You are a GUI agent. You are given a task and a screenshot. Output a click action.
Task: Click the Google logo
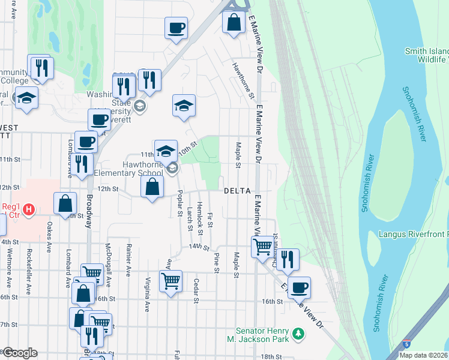click(19, 353)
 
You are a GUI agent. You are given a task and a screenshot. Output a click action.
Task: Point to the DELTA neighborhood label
click(237, 190)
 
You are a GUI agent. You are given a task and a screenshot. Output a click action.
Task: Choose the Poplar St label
click(180, 204)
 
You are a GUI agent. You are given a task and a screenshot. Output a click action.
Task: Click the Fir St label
click(209, 219)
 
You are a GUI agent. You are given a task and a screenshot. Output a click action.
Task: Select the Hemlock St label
click(199, 213)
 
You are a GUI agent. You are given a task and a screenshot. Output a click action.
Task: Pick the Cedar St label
click(196, 290)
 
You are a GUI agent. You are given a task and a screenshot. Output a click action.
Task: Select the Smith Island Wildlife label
click(426, 55)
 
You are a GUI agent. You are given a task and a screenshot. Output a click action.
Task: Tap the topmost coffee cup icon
click(176, 28)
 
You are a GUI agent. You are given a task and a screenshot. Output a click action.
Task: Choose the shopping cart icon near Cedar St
click(170, 280)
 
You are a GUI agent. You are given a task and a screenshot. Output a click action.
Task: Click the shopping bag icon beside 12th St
click(152, 187)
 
